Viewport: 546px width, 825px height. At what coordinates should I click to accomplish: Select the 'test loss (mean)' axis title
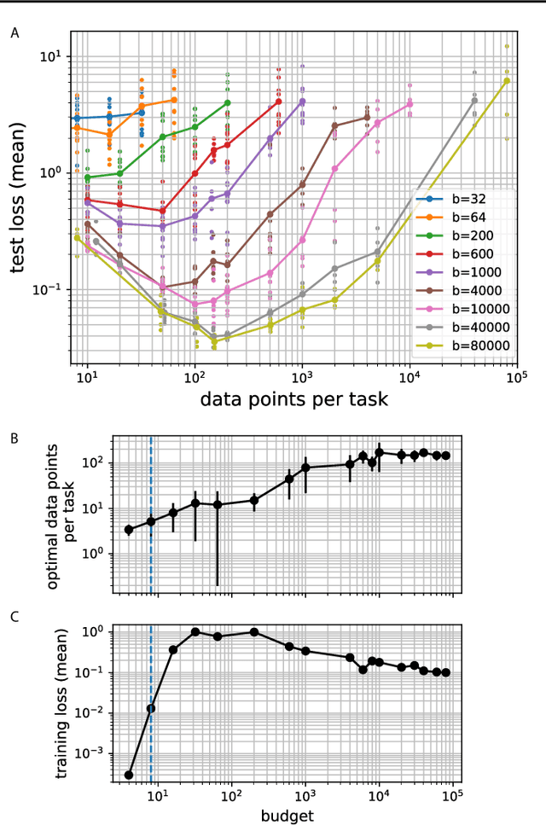pyautogui.click(x=19, y=198)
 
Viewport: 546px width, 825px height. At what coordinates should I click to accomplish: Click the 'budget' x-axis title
pyautogui.click(x=290, y=815)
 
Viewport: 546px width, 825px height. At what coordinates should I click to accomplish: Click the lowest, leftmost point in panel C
pyautogui.click(x=128, y=775)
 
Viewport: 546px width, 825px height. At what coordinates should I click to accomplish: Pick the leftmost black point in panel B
pyautogui.click(x=128, y=530)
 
